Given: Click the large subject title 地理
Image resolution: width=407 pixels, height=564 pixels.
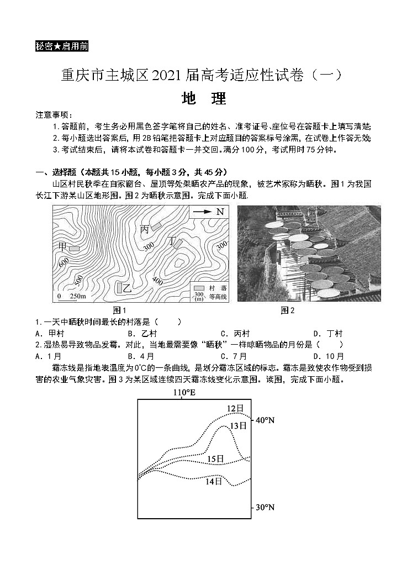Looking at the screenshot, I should click(x=204, y=99).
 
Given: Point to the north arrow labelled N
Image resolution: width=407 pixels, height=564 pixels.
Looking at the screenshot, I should click(x=209, y=212).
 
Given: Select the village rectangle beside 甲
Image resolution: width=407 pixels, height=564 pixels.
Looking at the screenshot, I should click(x=74, y=249).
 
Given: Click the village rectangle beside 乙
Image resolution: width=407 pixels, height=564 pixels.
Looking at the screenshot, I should click(x=119, y=287).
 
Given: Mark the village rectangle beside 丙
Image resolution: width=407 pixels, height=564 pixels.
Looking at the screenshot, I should click(x=157, y=225).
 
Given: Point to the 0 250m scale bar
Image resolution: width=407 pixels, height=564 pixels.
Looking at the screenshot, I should click(x=71, y=297).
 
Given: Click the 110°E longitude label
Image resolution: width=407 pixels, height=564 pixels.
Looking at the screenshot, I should click(x=184, y=393).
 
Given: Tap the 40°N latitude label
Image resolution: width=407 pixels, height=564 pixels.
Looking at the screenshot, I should click(x=265, y=420).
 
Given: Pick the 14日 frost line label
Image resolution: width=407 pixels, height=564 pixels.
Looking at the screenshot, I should click(x=213, y=481).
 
